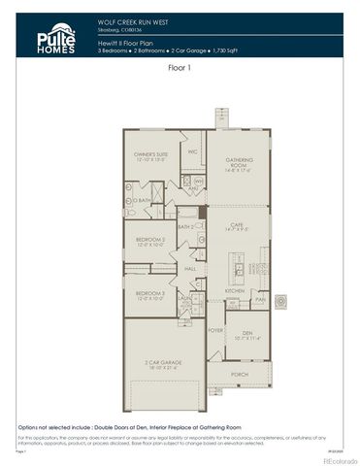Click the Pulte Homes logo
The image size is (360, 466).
[x=50, y=39]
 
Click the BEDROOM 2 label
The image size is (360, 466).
[x=150, y=240]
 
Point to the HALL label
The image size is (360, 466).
[x=190, y=269]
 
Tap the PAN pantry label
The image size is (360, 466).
[x=259, y=300]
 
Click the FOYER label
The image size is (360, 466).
[x=214, y=330]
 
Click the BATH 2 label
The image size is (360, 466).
[x=186, y=226]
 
